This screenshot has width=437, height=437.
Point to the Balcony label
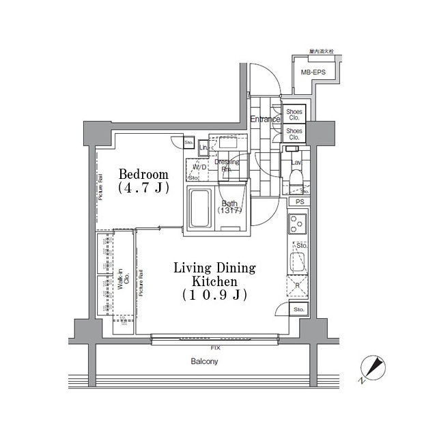point(203,361)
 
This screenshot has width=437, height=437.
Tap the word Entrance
point(264,119)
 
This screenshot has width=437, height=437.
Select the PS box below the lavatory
point(299,202)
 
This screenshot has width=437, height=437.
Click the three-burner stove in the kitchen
point(298,223)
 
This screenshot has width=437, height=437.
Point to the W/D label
point(200,167)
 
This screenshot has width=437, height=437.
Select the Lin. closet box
point(203,147)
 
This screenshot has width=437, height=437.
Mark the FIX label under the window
point(216,348)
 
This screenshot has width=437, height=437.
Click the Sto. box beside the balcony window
point(298,310)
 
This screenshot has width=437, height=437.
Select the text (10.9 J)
point(214,295)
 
